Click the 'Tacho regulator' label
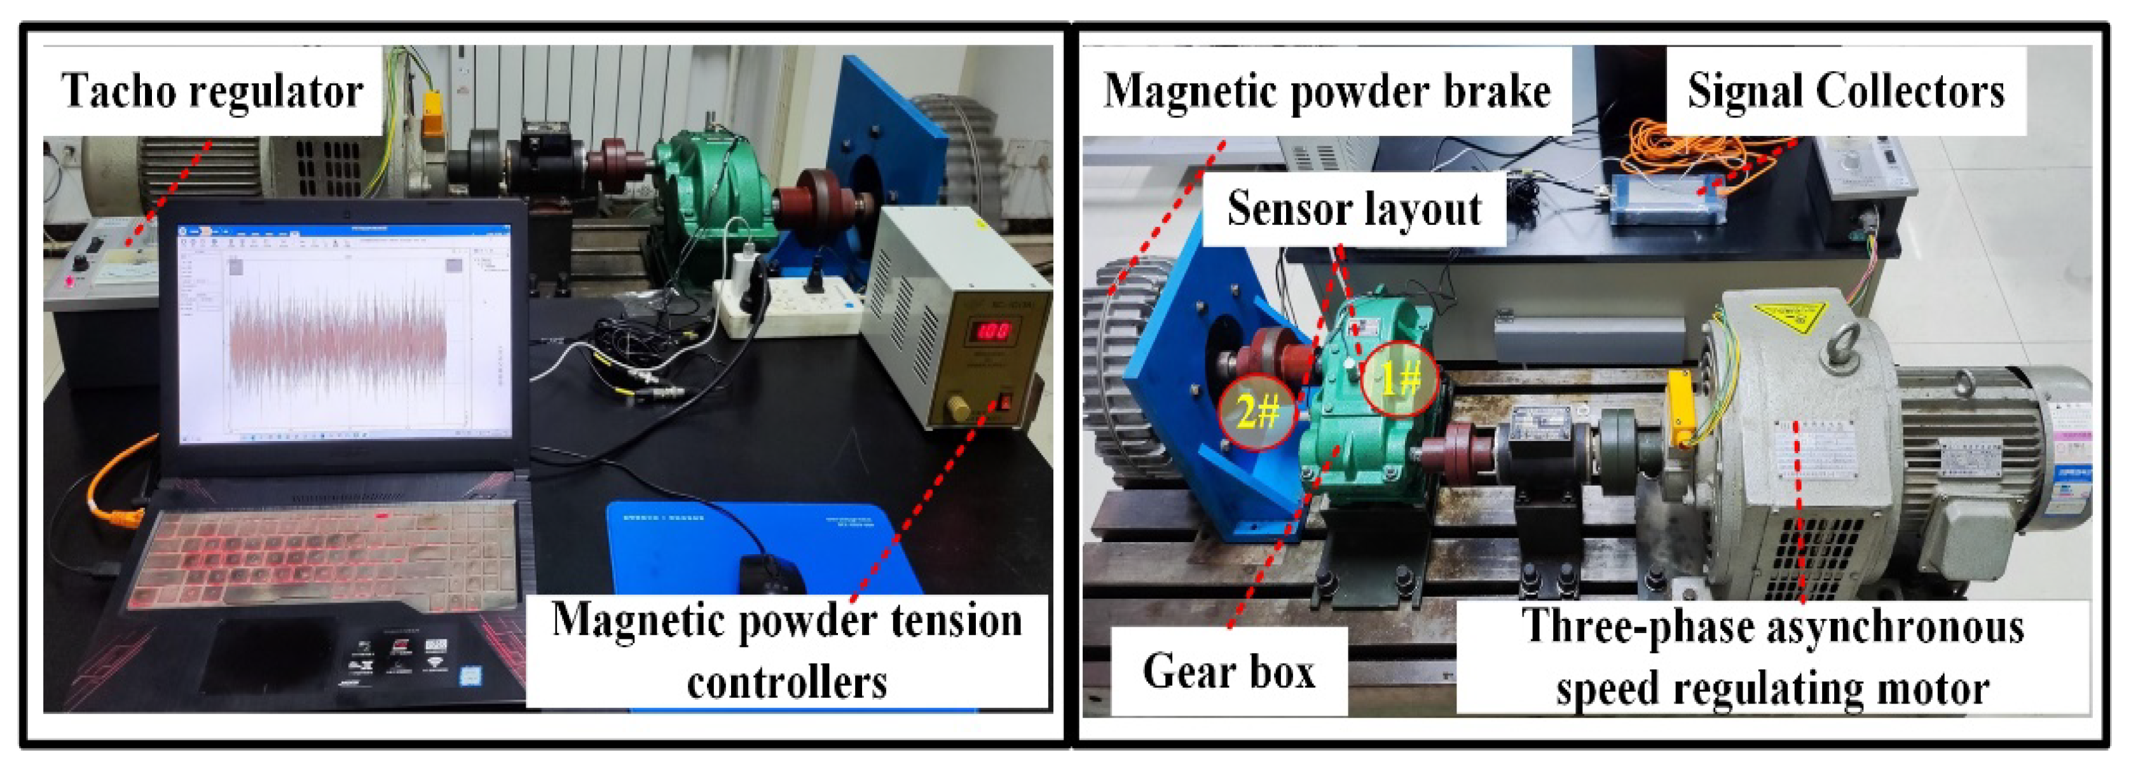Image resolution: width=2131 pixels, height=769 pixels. point(212,91)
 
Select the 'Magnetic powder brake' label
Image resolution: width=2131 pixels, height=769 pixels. point(1326,91)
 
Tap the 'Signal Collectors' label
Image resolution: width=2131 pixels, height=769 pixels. point(1846,91)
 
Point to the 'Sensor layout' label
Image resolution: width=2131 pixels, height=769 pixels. point(1354,208)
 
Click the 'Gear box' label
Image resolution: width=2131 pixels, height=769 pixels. point(1228,670)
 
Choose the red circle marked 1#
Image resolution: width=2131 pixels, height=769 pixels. point(1400,379)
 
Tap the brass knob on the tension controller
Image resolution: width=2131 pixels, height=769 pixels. point(959,407)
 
